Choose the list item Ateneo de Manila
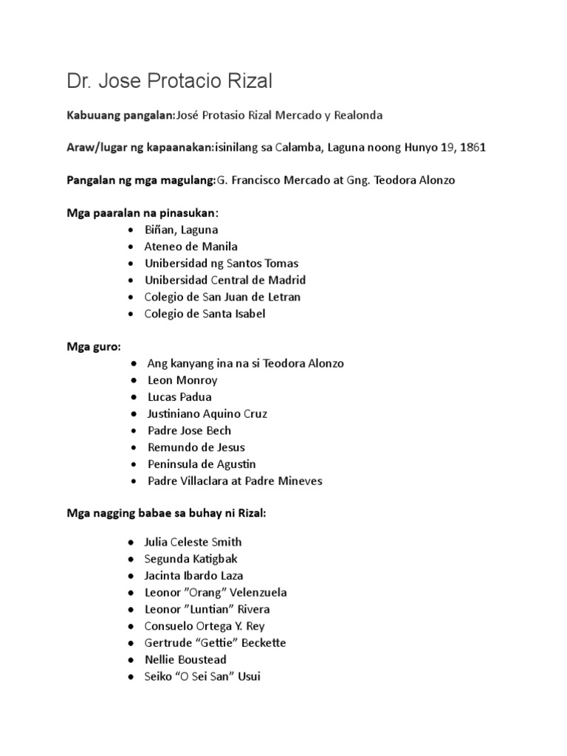(x=192, y=247)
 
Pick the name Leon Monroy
(x=182, y=380)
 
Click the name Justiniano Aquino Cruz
(x=207, y=413)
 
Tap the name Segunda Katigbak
(x=192, y=559)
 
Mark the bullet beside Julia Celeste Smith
(x=131, y=542)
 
